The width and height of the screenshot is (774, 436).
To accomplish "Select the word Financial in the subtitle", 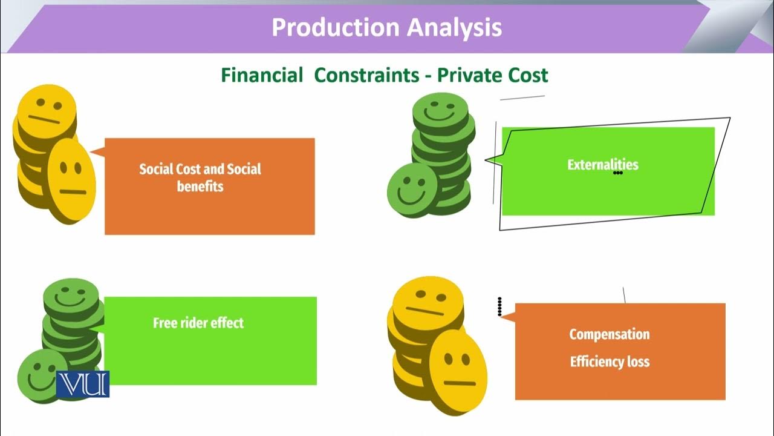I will click(x=262, y=75).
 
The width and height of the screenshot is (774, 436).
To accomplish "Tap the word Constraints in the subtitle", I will click(x=366, y=75).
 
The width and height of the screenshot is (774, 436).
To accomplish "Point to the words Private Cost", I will click(x=492, y=75).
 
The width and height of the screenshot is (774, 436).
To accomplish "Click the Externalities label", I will click(x=602, y=164).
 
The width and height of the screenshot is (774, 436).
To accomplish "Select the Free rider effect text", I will click(x=198, y=323).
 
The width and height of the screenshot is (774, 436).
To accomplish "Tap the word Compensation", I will click(x=610, y=334).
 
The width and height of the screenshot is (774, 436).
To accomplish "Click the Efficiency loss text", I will click(x=610, y=362).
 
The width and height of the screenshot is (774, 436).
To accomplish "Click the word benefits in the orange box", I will click(x=200, y=186).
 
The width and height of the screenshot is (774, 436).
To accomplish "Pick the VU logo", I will click(x=83, y=384).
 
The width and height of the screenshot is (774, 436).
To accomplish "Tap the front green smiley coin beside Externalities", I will click(x=412, y=190).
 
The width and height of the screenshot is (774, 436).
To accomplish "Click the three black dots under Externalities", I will click(x=617, y=173).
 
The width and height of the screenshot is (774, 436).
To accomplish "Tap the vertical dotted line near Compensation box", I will click(x=499, y=306).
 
